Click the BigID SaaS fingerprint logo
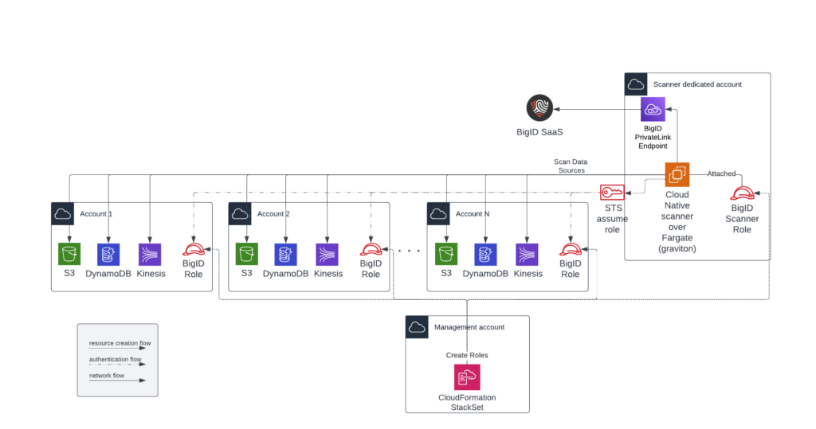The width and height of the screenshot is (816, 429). (x=539, y=108)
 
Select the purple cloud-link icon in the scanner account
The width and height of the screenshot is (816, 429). (x=653, y=109)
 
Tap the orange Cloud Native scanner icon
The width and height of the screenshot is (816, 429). (x=677, y=174)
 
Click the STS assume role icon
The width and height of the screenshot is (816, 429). (x=611, y=193)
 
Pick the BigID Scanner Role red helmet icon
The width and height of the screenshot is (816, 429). (x=743, y=193)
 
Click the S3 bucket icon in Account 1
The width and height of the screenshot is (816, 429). (x=70, y=254)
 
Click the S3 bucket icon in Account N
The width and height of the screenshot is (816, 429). (x=446, y=254)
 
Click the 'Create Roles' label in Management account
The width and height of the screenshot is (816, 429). (x=467, y=355)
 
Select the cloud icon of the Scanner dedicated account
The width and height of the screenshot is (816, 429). (x=636, y=84)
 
